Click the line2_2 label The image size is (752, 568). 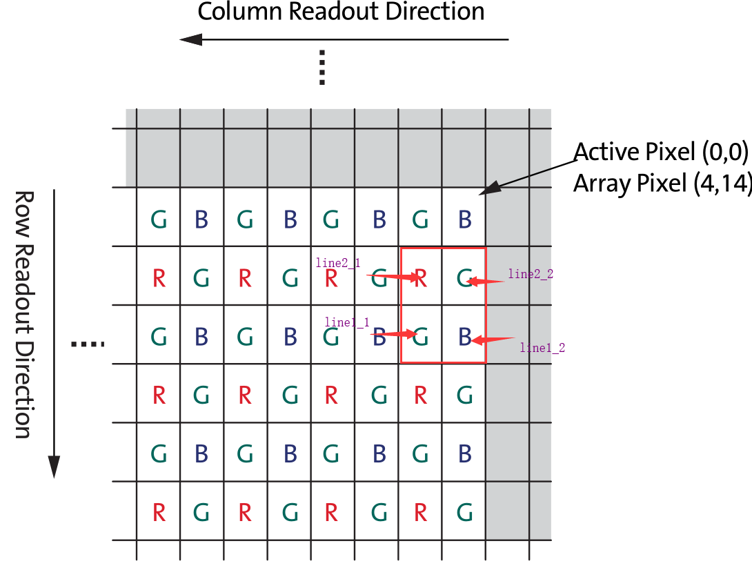tap(531, 274)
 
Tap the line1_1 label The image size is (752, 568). tap(346, 322)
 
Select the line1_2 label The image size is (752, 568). tap(542, 348)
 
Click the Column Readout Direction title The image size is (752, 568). tap(341, 12)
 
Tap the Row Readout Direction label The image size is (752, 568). tap(23, 314)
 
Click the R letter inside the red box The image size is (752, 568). tap(420, 278)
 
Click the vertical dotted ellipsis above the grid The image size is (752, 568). tap(321, 68)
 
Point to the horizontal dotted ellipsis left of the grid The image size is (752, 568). tap(88, 344)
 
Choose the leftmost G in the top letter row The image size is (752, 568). tap(159, 220)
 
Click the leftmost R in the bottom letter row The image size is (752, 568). tap(159, 513)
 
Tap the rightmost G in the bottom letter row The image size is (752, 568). tap(465, 513)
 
